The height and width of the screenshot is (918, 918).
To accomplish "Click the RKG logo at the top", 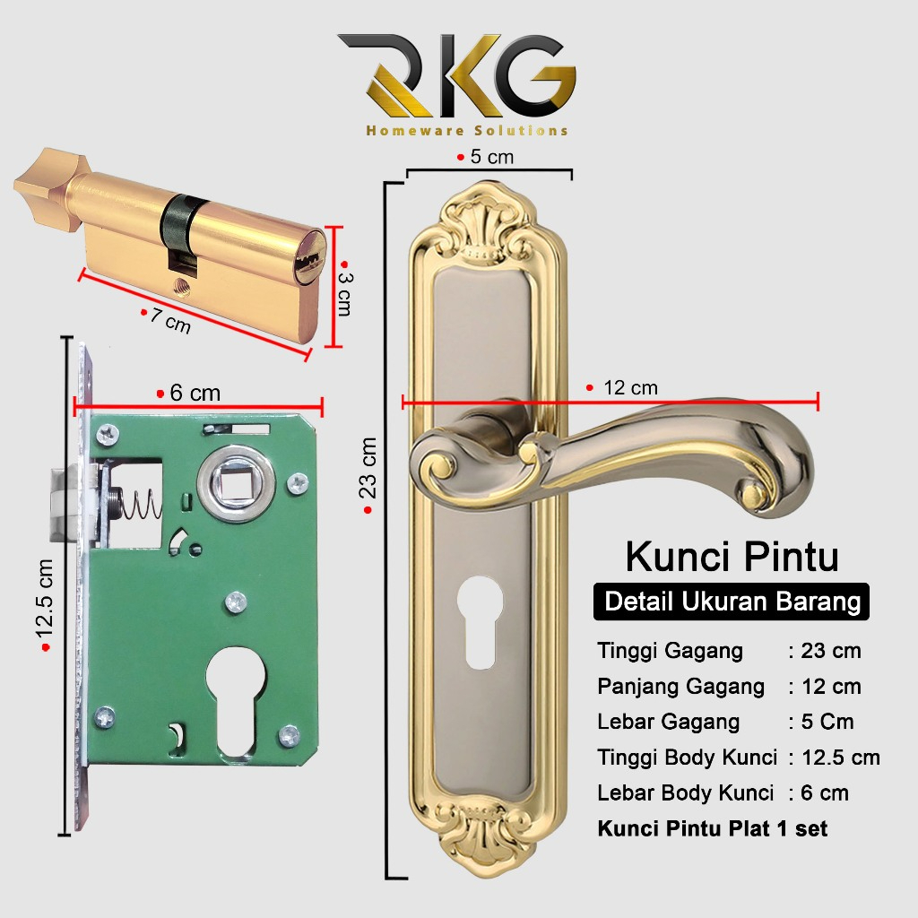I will pos(456,76).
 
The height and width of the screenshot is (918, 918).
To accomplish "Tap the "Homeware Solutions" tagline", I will pos(466,131).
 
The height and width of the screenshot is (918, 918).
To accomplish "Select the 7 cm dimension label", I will pos(170,320).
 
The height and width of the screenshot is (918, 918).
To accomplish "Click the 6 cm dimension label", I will pos(193,394).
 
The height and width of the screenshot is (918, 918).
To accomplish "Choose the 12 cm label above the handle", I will pos(628,388).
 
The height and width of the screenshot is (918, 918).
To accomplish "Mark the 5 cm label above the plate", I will pos(490,157).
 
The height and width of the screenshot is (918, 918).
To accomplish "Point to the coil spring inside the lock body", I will pos(139,508).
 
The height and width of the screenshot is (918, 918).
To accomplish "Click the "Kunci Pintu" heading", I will pos(732,557).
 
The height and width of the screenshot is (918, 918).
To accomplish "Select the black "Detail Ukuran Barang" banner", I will pos(732,601).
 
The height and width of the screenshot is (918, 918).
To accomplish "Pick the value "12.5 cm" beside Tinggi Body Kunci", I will pos(841,758).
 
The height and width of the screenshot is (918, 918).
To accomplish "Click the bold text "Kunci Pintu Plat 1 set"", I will pos(713,828).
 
